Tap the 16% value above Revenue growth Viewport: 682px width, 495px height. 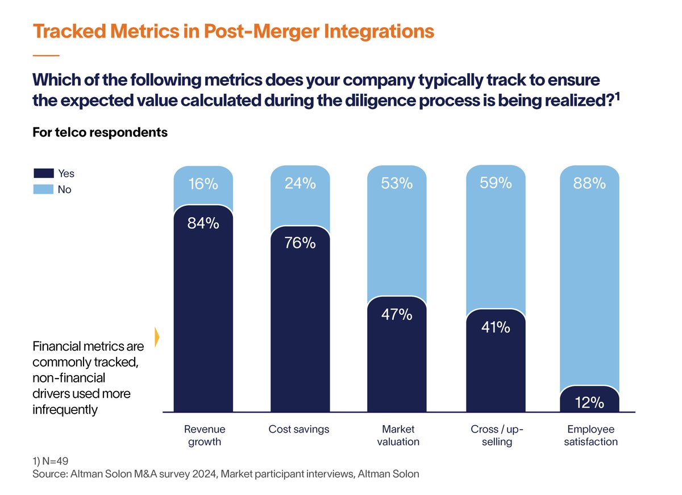tap(203, 184)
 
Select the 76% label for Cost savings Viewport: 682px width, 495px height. tap(300, 243)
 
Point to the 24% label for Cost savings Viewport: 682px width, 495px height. tap(300, 184)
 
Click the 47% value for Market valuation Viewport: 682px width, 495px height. tap(397, 314)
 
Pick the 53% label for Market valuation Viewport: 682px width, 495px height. tap(397, 184)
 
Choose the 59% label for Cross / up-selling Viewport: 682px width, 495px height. tap(495, 184)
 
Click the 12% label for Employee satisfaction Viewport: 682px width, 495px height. tap(589, 403)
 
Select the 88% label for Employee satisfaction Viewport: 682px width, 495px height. tap(589, 184)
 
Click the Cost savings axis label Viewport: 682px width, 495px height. tap(299, 430)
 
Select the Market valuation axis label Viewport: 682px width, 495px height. tap(398, 435)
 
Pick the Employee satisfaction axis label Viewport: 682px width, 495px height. tap(590, 435)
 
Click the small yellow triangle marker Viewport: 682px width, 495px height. tap(157, 336)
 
